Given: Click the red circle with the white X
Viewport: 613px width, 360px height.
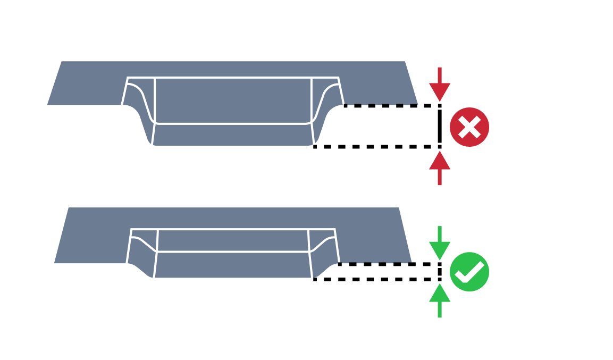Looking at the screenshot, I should pyautogui.click(x=469, y=127).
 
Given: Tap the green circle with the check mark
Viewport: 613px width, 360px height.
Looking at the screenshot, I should pyautogui.click(x=469, y=272).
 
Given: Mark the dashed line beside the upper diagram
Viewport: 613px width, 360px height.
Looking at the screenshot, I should pyautogui.click(x=380, y=104).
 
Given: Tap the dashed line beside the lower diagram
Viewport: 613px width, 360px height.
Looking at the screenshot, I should pyautogui.click(x=375, y=263).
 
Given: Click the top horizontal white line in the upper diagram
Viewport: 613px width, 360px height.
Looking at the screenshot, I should pyautogui.click(x=233, y=78).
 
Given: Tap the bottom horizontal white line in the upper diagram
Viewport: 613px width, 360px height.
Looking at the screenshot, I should pyautogui.click(x=233, y=123).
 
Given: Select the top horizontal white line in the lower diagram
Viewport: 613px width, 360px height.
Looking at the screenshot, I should pyautogui.click(x=233, y=230).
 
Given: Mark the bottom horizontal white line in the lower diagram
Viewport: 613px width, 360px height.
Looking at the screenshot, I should pyautogui.click(x=233, y=252).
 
